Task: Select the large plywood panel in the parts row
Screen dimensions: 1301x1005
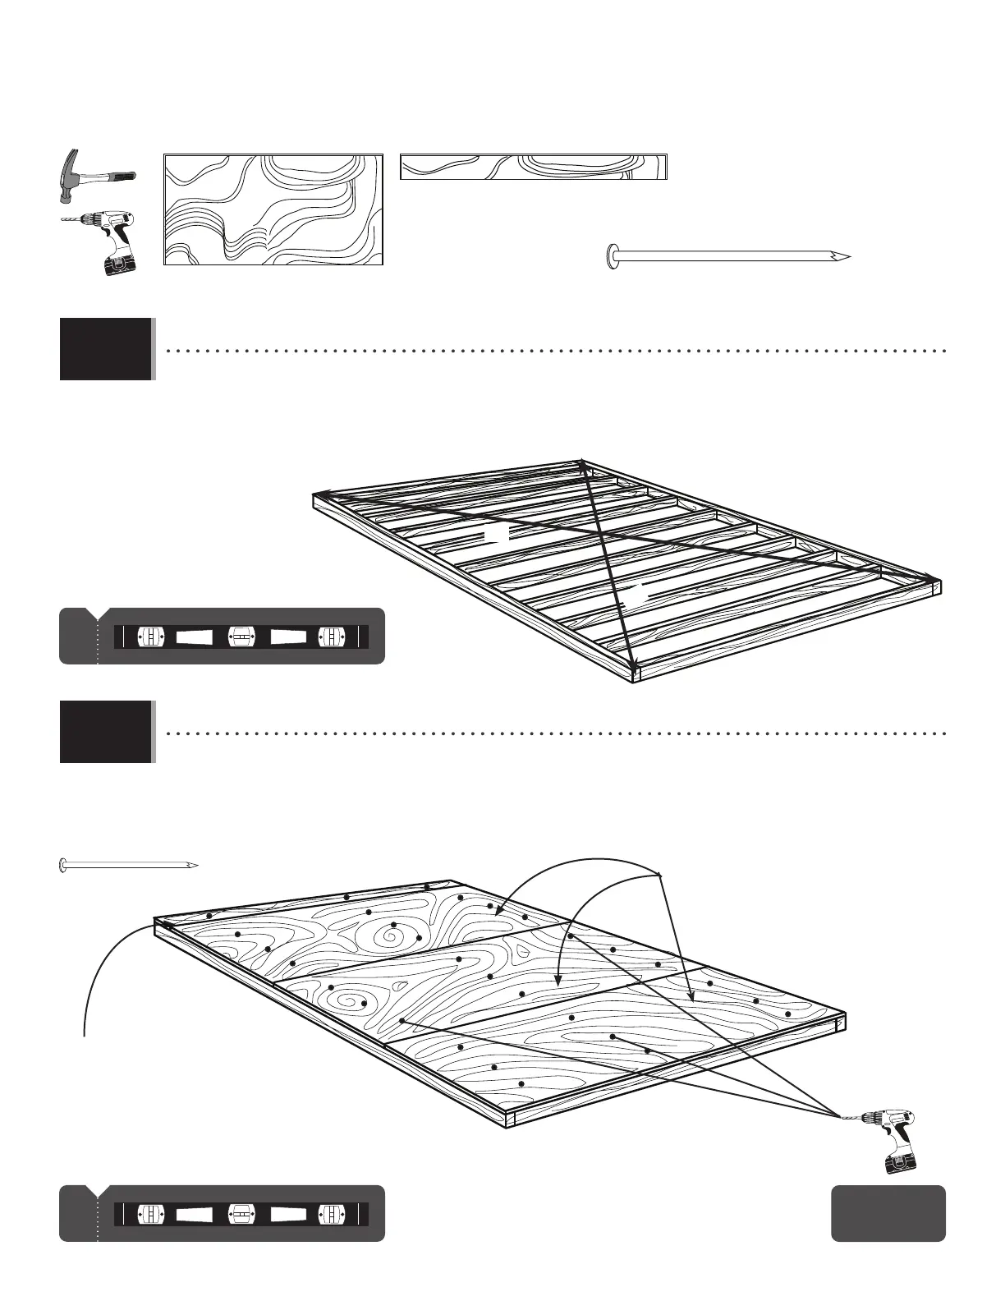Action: point(273,209)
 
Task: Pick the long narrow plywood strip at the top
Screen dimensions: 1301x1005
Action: point(533,167)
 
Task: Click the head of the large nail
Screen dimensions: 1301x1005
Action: point(612,256)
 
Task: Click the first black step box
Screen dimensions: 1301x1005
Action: point(106,349)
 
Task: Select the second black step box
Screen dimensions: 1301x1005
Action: point(106,732)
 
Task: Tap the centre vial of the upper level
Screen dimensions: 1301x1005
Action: point(241,637)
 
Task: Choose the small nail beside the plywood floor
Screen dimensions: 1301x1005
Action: point(129,864)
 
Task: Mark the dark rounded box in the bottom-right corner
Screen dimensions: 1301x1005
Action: point(888,1212)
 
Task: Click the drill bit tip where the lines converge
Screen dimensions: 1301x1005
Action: point(841,1115)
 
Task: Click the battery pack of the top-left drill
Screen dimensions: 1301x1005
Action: point(120,264)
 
